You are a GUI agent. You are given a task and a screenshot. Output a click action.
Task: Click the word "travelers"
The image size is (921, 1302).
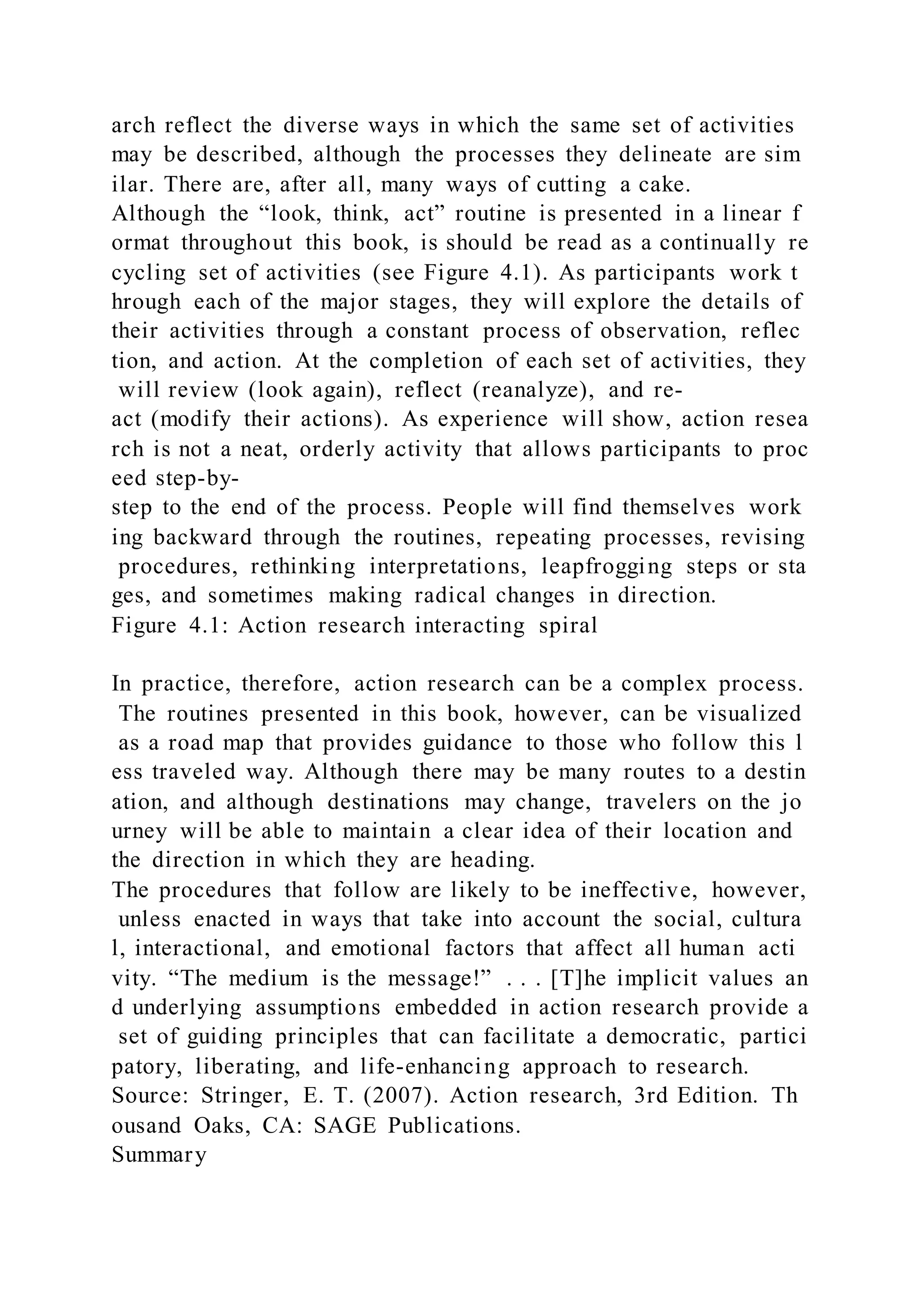[x=650, y=802]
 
